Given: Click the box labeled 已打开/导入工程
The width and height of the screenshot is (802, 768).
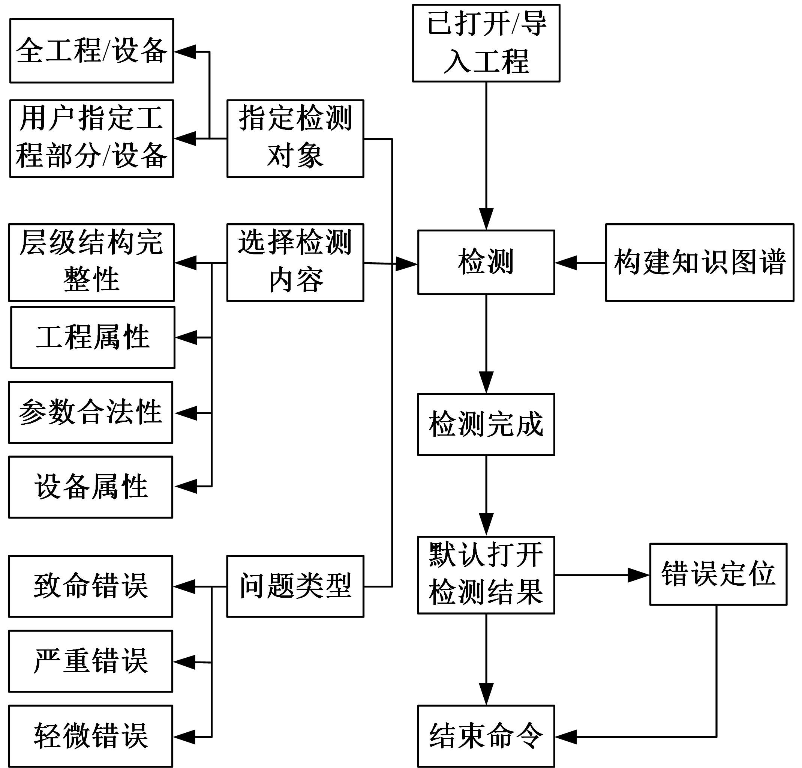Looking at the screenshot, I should point(486,43).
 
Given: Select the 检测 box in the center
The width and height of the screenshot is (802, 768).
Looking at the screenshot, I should point(486,262).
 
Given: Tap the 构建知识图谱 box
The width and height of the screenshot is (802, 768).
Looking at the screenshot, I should point(699,262).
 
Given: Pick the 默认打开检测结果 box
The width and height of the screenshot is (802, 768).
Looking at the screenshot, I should point(486,575).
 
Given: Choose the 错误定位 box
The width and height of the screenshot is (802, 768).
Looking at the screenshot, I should point(718,574).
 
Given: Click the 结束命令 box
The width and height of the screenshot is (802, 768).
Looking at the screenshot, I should point(486,736).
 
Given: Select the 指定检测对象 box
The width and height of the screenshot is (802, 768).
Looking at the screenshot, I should point(295,138).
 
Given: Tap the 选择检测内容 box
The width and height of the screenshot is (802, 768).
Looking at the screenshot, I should point(295,262).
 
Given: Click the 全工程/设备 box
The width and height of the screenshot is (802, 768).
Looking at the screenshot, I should point(91,51).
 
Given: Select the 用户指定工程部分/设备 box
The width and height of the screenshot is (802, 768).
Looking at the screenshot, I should point(91,138).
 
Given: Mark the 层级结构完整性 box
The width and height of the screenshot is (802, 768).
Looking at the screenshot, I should point(91,262).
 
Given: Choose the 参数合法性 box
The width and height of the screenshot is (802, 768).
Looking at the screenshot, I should point(90,412).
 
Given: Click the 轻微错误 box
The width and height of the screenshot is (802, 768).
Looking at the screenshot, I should point(90,736).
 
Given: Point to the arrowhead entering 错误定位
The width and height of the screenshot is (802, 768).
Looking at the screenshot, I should point(638,575).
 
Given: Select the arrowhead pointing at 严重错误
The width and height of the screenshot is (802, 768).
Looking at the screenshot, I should point(184,662).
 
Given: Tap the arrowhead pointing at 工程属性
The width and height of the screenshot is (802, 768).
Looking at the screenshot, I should point(187,338).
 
